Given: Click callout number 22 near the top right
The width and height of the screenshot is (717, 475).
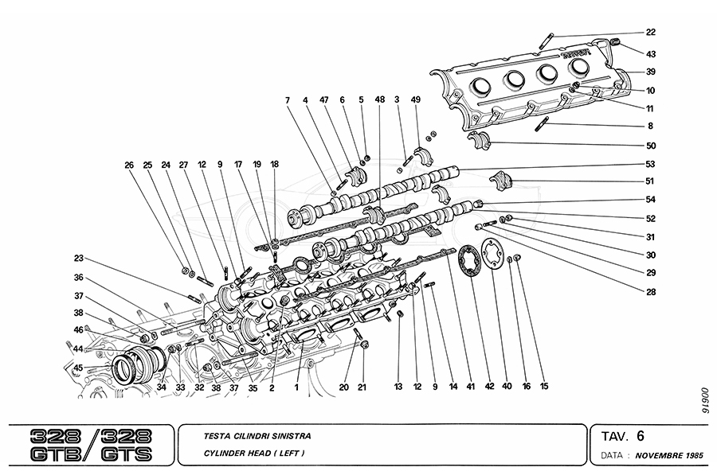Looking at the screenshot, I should (x=651, y=33).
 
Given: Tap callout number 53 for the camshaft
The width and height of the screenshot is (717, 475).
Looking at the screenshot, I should (x=651, y=165).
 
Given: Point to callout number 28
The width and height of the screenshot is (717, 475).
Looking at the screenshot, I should (x=651, y=292).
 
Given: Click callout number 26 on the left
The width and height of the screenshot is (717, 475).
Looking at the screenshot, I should (x=129, y=165).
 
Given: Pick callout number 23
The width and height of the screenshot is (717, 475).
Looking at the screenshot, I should (x=79, y=257).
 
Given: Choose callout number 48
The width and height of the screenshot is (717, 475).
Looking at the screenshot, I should (x=380, y=100).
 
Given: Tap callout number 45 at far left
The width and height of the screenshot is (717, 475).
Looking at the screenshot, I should (x=79, y=368).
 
